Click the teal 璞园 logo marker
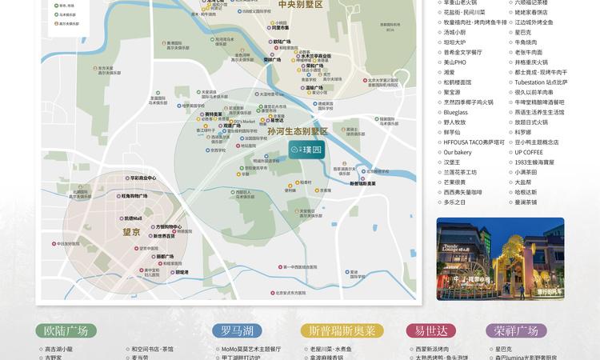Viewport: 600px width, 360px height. click(306, 150)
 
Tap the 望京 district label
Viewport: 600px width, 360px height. click(131, 232)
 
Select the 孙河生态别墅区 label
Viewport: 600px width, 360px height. click(298, 131)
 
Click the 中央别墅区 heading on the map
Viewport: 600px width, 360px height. click(301, 5)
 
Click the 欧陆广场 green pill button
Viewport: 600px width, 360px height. click(66, 330)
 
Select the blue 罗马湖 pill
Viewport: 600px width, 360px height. click(238, 330)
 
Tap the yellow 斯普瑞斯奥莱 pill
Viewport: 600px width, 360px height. click(342, 330)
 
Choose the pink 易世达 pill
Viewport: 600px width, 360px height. click(431, 330)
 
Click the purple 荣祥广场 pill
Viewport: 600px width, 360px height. click(516, 330)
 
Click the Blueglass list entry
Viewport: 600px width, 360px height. click(456, 113)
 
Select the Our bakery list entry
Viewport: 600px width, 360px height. click(458, 152)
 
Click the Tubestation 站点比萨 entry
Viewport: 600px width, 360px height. click(541, 82)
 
